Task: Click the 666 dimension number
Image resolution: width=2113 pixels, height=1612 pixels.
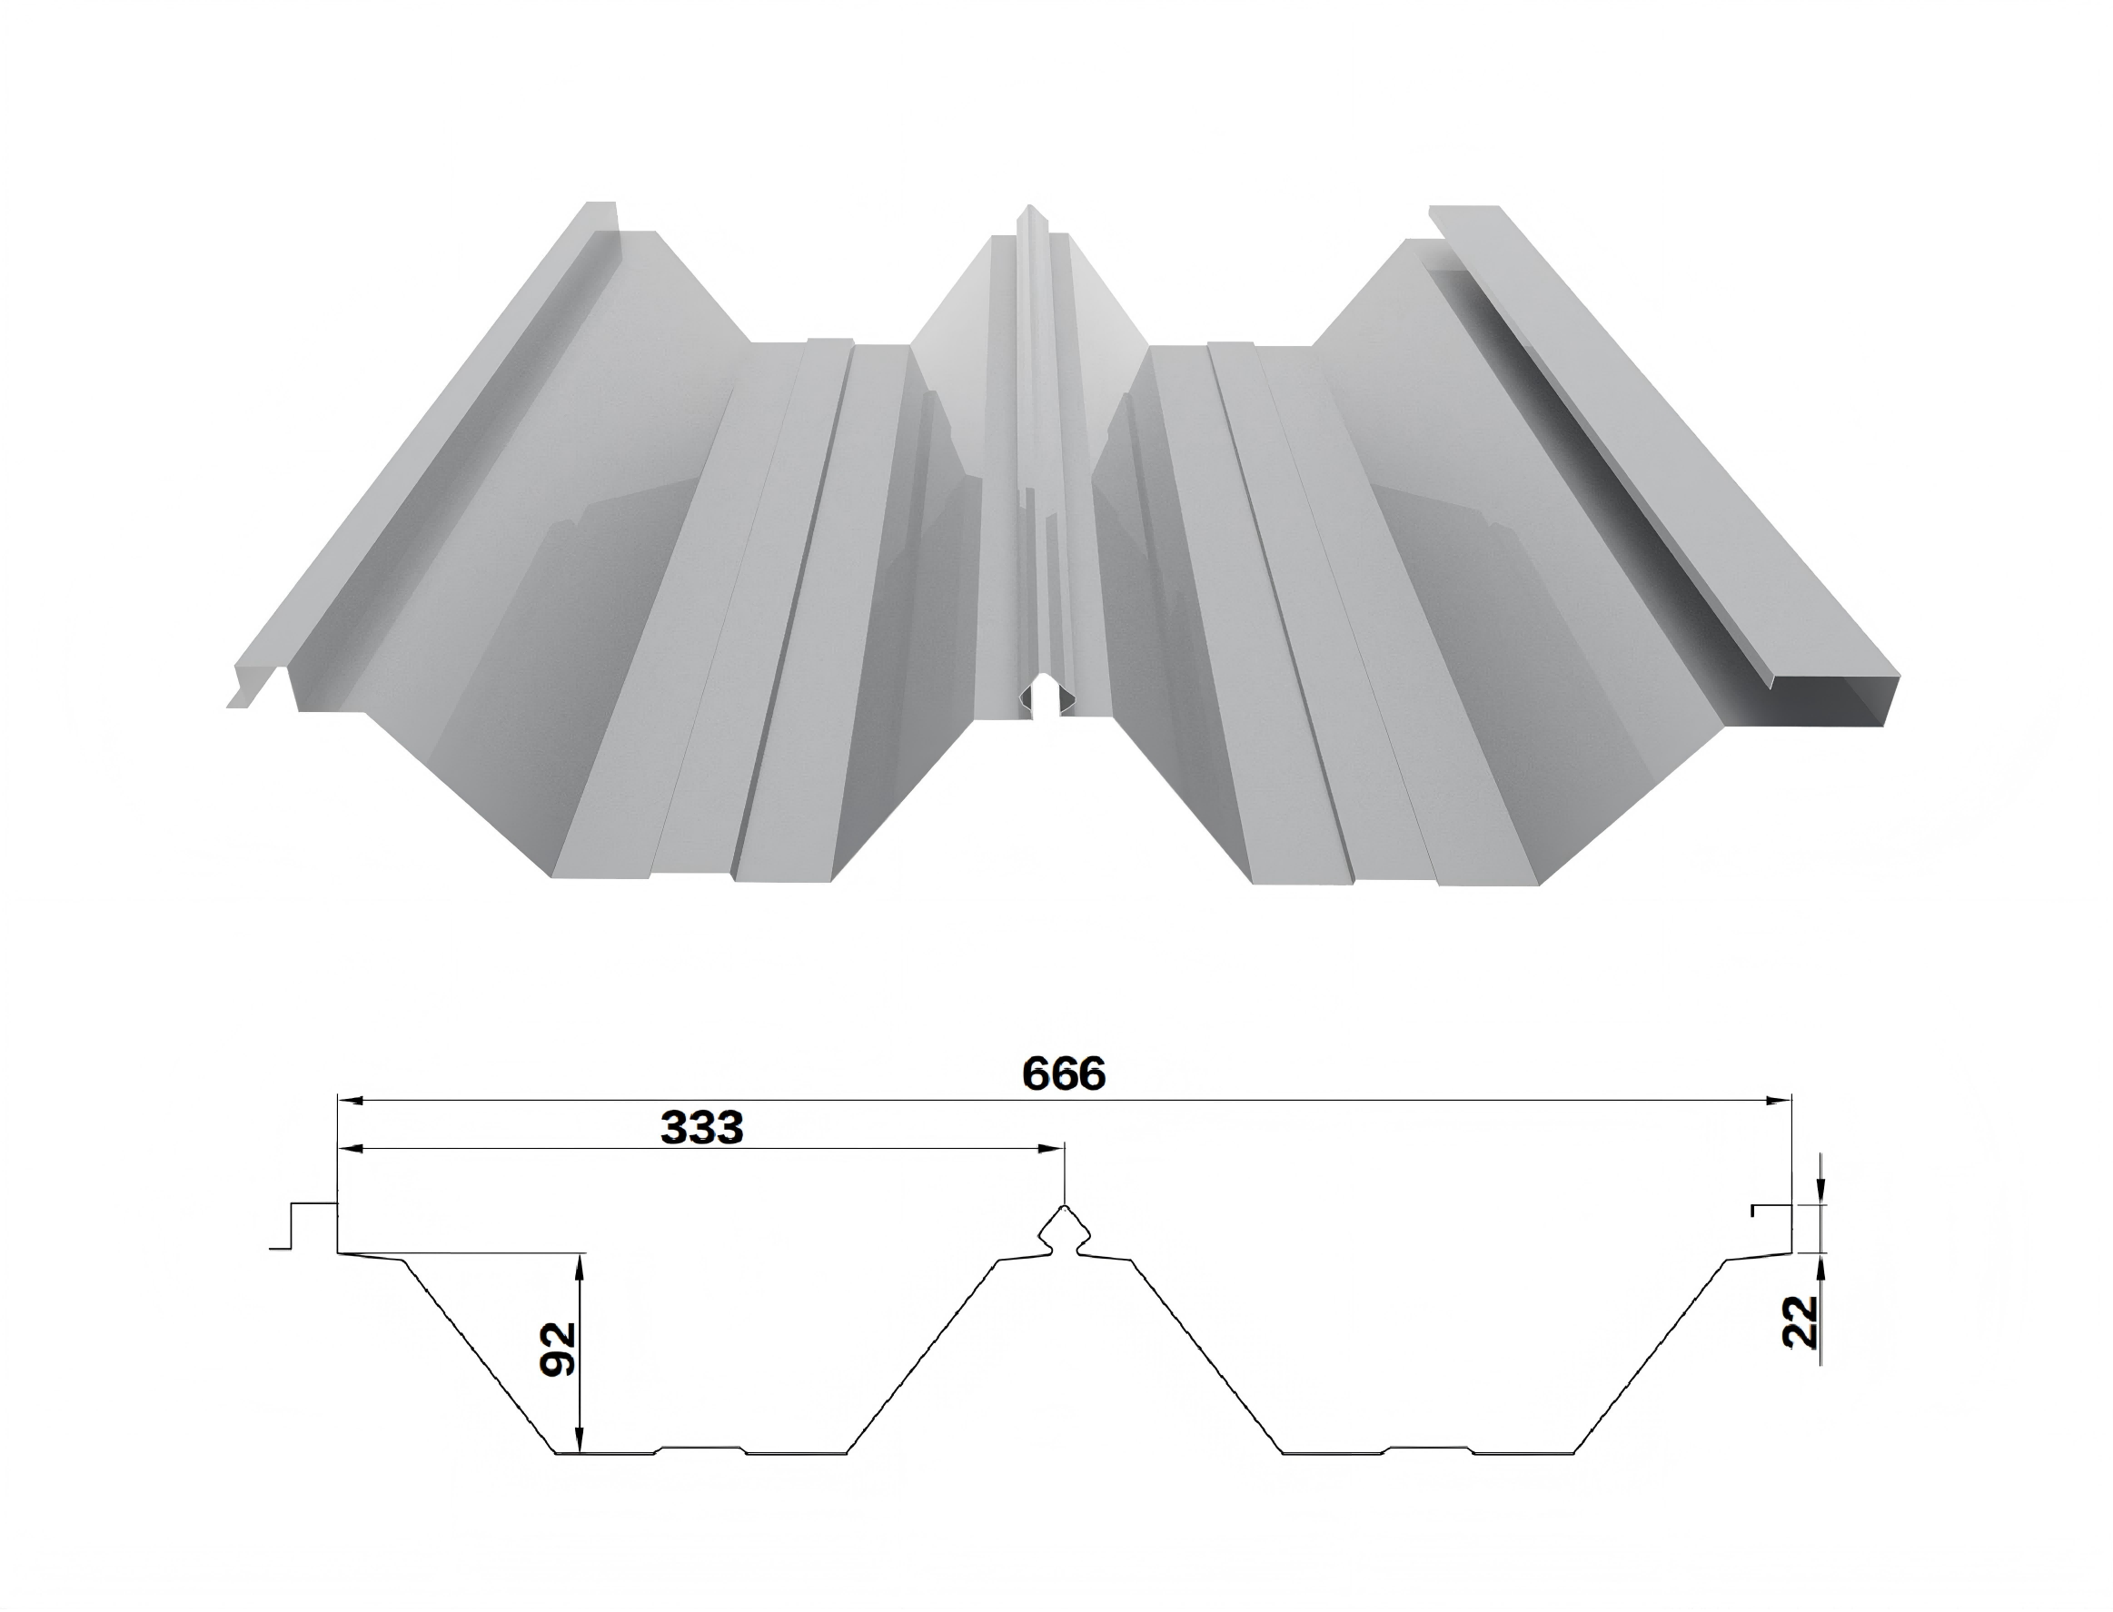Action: coord(1063,1073)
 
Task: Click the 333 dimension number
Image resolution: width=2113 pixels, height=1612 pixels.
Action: coord(701,1128)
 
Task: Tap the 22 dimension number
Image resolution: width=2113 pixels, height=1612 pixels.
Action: coord(1800,1322)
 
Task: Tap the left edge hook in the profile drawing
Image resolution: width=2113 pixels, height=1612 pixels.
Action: coord(305,1226)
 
